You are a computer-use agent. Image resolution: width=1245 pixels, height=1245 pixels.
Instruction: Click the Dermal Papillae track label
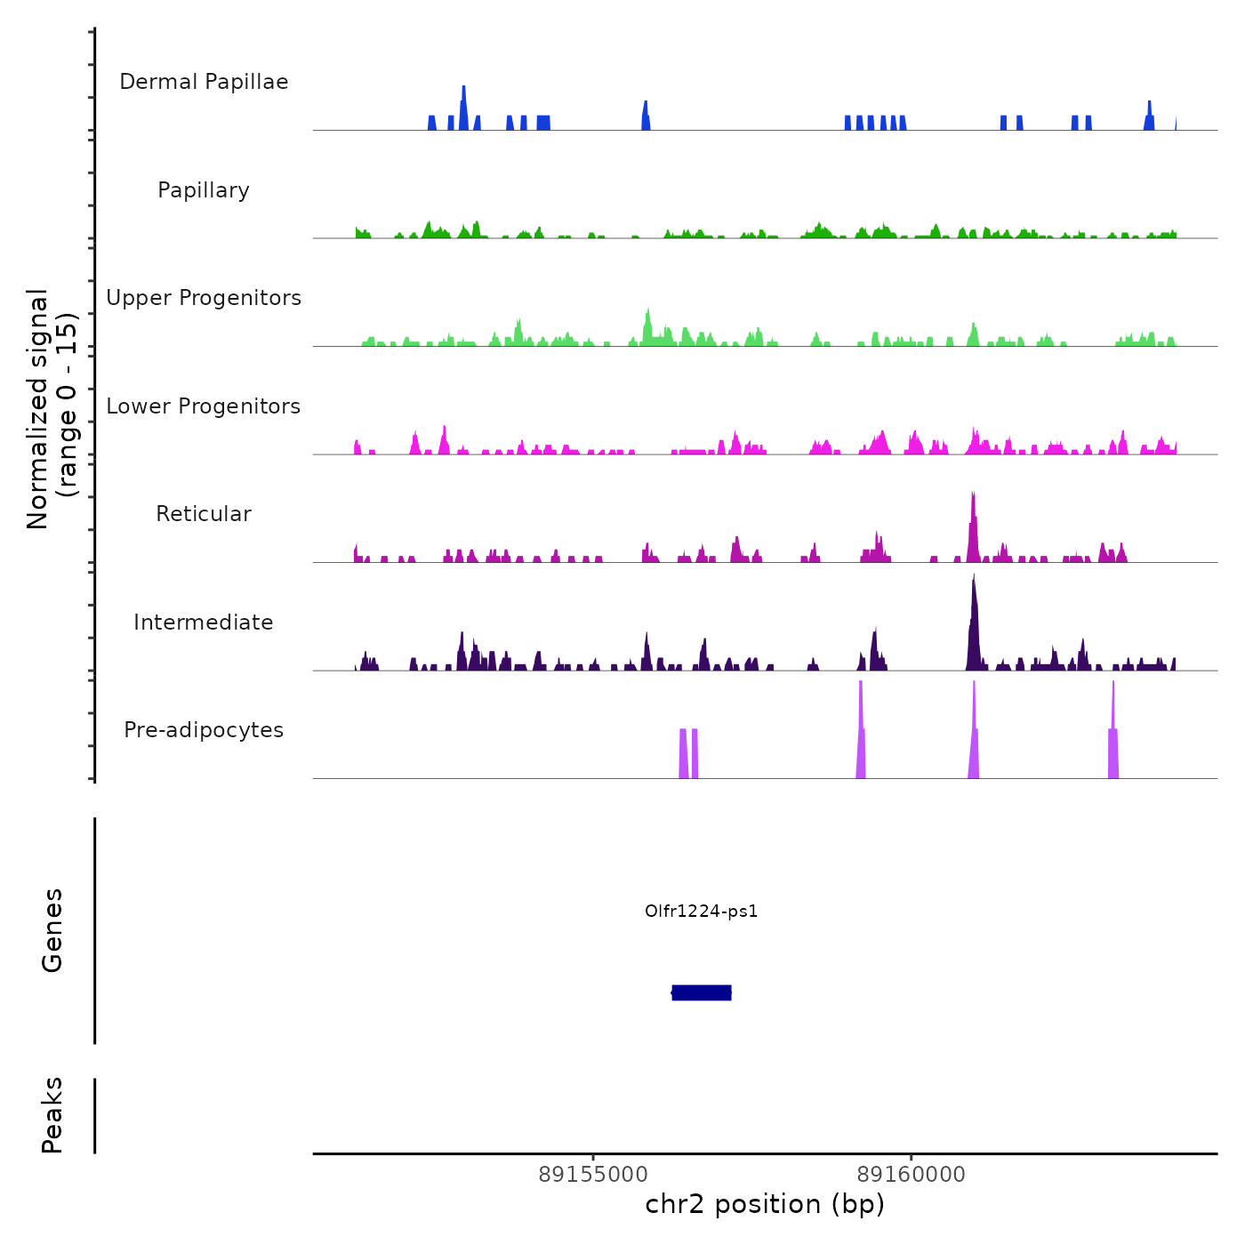click(x=204, y=82)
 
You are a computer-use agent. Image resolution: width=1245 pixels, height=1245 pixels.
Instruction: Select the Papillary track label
click(x=204, y=190)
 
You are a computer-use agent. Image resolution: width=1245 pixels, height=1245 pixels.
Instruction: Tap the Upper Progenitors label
click(x=204, y=298)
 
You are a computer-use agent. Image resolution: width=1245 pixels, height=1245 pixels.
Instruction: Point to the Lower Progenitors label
click(x=204, y=406)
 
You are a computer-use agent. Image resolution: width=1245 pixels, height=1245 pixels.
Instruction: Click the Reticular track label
click(x=204, y=514)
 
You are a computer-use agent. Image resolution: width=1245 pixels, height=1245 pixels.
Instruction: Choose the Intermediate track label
click(x=204, y=622)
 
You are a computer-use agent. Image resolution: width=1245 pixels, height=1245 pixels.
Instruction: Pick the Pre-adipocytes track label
click(x=204, y=730)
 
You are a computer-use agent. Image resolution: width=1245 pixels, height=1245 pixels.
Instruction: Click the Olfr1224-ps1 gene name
click(x=701, y=911)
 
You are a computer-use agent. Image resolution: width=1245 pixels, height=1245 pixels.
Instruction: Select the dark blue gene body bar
click(x=702, y=992)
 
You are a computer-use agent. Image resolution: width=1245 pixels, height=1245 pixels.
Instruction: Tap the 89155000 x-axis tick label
click(x=593, y=1175)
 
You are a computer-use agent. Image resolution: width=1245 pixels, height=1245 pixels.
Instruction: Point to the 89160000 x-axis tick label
click(x=911, y=1175)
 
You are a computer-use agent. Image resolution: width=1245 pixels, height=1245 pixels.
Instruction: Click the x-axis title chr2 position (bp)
click(x=765, y=1204)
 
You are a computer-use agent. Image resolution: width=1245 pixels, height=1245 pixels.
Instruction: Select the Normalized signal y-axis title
click(x=52, y=408)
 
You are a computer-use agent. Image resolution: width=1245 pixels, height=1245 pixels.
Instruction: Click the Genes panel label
click(x=52, y=930)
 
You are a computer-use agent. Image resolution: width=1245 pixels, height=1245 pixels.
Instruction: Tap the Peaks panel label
click(x=52, y=1115)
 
